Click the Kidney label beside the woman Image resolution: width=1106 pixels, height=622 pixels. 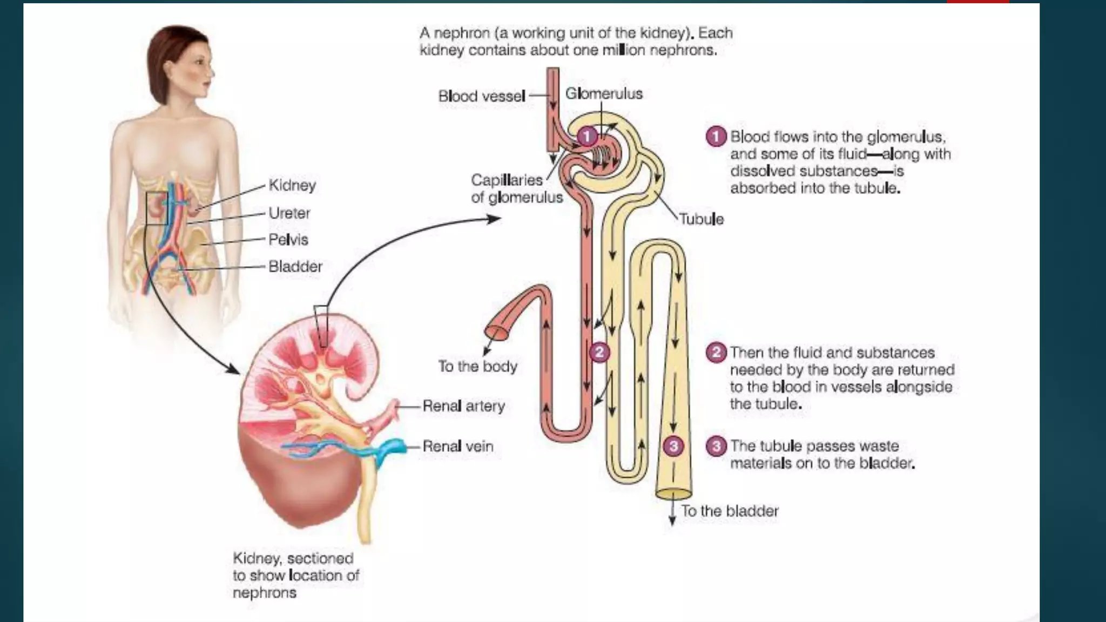click(x=292, y=185)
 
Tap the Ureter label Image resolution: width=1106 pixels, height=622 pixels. click(x=289, y=213)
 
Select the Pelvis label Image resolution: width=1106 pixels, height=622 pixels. click(x=288, y=239)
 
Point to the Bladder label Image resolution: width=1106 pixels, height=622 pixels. click(x=295, y=266)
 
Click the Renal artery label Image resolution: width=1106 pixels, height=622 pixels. click(x=463, y=405)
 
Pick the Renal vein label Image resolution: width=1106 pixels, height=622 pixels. click(x=457, y=446)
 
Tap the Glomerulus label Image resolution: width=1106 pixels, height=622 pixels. click(x=604, y=94)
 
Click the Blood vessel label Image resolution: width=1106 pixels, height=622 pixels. click(x=481, y=96)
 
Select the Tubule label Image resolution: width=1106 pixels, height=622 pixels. click(x=701, y=219)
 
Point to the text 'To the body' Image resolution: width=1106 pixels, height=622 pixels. click(x=477, y=366)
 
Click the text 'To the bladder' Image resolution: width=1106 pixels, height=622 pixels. click(x=730, y=511)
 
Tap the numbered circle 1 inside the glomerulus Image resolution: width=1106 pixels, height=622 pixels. click(x=587, y=137)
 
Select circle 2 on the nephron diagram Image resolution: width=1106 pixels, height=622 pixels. click(x=599, y=353)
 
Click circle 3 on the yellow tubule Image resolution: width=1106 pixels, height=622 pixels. click(x=673, y=446)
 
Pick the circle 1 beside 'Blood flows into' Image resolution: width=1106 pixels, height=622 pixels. click(x=716, y=137)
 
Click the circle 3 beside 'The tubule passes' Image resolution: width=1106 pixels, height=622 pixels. click(x=716, y=446)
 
